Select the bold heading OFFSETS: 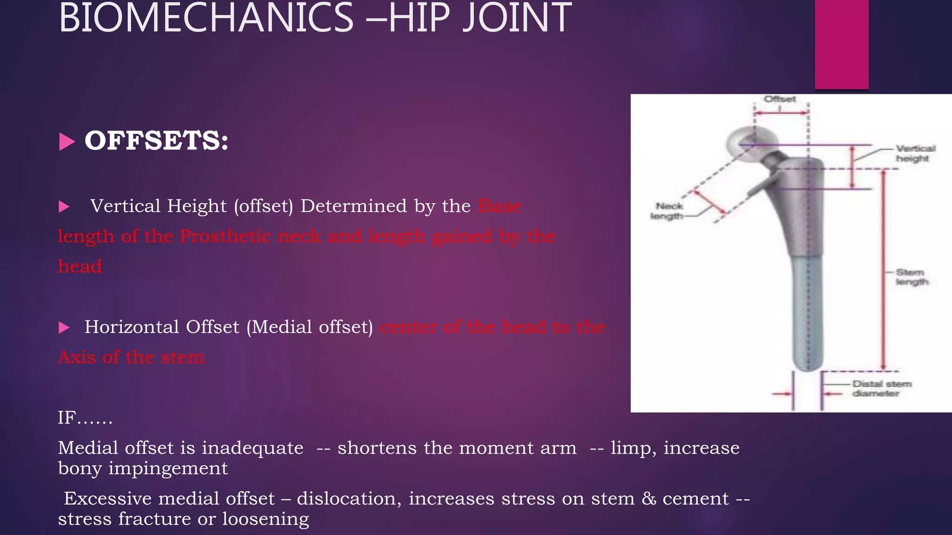coord(157,141)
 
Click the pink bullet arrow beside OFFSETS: coord(67,142)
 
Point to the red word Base coord(499,206)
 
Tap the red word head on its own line coord(79,267)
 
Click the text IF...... coord(66,418)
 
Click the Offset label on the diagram coord(780,99)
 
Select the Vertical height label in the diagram coord(915,154)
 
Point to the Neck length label coord(668,211)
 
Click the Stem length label coord(911,277)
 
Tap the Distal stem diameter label coord(881,389)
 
